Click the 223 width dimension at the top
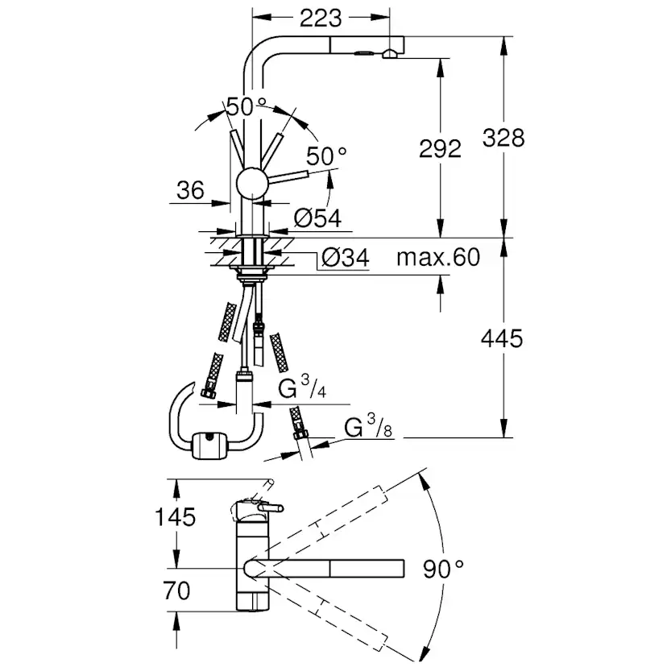tap(321, 18)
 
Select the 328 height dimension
tap(503, 138)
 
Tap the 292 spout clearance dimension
tap(440, 148)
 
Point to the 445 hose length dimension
tap(502, 338)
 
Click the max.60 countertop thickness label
tap(438, 257)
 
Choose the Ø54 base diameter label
tap(317, 218)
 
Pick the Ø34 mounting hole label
tap(346, 257)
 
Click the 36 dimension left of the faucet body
tap(191, 190)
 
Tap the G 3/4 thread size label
tap(302, 387)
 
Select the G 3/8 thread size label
tap(368, 426)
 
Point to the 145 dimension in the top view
tap(175, 517)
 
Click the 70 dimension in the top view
tap(176, 590)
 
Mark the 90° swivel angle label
tap(443, 568)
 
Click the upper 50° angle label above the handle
tap(246, 106)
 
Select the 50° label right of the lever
tap(326, 155)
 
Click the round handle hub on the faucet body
tap(252, 183)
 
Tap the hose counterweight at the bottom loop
tap(210, 445)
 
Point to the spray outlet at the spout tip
tap(390, 54)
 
